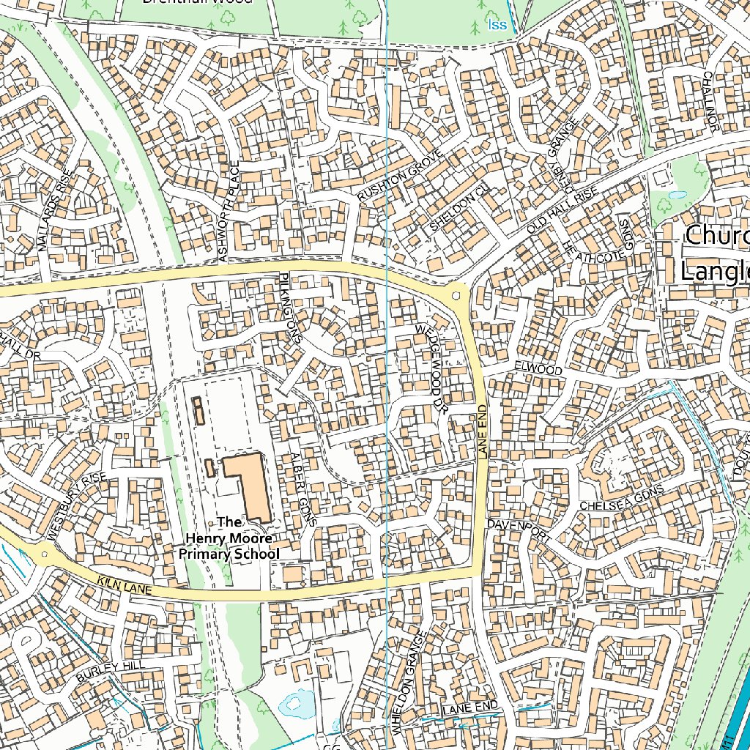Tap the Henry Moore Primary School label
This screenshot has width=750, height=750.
point(230,538)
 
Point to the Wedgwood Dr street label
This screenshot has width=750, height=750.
point(429,371)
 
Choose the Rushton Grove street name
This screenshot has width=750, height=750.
point(401,176)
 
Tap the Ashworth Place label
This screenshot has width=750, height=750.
point(229,211)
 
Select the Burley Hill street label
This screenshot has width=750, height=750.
point(109,669)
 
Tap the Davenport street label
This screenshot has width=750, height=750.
point(519,530)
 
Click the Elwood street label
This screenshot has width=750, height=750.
point(538,369)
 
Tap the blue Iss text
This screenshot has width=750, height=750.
point(497,26)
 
